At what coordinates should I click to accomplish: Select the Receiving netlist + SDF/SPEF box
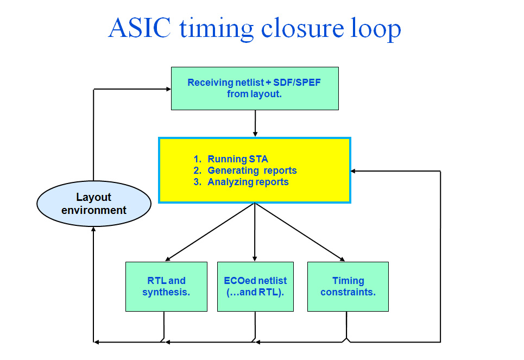tap(255, 88)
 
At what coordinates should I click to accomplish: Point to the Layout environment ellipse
tap(93, 204)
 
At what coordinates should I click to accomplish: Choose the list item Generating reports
tap(252, 170)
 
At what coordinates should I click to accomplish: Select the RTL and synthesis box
tap(166, 286)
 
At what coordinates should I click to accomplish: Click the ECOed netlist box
tap(255, 286)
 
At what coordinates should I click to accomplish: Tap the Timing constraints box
tap(348, 286)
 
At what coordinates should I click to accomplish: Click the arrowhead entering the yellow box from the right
tap(353, 171)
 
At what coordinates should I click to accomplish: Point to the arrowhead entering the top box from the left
tap(167, 89)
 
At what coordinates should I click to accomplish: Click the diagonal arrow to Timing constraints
tap(300, 232)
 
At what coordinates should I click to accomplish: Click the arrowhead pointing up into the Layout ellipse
tap(93, 230)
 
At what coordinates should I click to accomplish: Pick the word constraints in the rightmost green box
tap(348, 292)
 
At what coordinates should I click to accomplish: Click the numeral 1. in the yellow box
tap(197, 159)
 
